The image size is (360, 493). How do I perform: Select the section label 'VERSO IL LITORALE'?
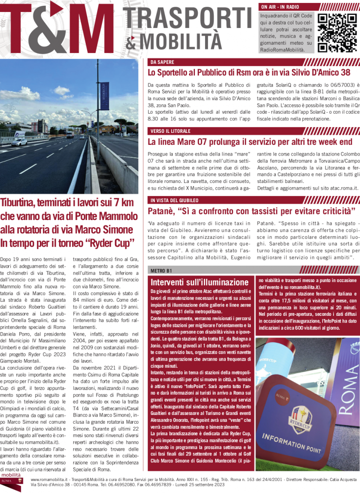pos(170,131)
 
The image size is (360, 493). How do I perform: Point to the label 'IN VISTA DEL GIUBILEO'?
pos(174,200)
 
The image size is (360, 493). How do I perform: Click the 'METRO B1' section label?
pos(161,270)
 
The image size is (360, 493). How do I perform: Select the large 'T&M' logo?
pos(58,29)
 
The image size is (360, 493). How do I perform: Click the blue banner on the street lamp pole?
pos(104,96)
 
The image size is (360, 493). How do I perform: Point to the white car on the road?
pos(19,142)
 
